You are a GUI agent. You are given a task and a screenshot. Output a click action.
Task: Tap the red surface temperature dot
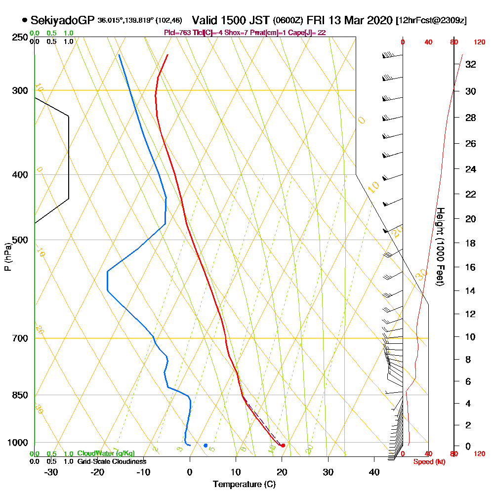283,446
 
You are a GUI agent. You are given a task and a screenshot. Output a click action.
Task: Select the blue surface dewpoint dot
206,446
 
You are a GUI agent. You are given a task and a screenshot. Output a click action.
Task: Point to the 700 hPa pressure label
20,338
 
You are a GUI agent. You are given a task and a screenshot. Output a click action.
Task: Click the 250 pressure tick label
20,38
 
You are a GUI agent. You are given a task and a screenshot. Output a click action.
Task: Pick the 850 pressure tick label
20,395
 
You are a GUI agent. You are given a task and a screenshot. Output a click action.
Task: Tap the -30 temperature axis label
51,472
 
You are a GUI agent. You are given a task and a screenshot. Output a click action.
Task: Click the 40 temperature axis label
374,472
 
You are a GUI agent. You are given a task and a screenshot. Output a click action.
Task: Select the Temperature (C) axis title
244,485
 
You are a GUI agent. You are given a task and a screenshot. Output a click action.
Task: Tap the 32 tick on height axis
471,64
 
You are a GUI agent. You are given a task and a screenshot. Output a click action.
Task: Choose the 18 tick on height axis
471,243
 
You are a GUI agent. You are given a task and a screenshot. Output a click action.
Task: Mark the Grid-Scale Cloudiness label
112,461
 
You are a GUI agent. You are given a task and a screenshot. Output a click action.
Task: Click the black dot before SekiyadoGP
25,20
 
